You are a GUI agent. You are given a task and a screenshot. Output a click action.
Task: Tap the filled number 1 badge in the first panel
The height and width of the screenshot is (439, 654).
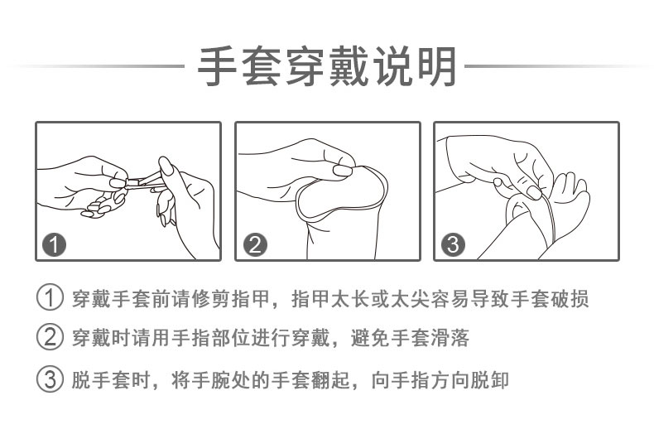coord(54,245)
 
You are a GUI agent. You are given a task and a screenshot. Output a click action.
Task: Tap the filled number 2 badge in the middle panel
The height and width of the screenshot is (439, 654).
coord(255,245)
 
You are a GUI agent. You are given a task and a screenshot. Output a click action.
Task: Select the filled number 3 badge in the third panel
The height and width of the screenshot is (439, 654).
coord(453,245)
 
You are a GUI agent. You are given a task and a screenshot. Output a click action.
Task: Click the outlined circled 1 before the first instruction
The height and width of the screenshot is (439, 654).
coord(50,298)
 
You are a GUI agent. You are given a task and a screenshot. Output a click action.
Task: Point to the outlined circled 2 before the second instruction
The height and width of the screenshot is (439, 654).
coord(50,337)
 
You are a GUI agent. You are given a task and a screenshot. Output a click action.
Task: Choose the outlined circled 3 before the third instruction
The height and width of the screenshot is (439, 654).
coord(50,379)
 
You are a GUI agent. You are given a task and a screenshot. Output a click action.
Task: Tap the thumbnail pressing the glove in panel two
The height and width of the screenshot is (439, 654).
coord(342,170)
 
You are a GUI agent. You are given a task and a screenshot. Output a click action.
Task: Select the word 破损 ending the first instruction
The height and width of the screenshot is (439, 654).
coord(570,298)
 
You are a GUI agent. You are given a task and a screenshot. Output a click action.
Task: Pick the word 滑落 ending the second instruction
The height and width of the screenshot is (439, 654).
coord(450,337)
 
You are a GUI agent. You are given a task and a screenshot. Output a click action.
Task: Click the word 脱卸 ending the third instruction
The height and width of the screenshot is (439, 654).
coord(489,379)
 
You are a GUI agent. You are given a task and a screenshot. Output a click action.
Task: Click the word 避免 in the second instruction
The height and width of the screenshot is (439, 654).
coord(370,337)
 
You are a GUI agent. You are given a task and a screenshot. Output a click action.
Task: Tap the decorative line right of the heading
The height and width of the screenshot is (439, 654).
coord(557,66)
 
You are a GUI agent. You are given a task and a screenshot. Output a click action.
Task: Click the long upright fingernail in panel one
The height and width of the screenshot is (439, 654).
coord(166,166)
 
